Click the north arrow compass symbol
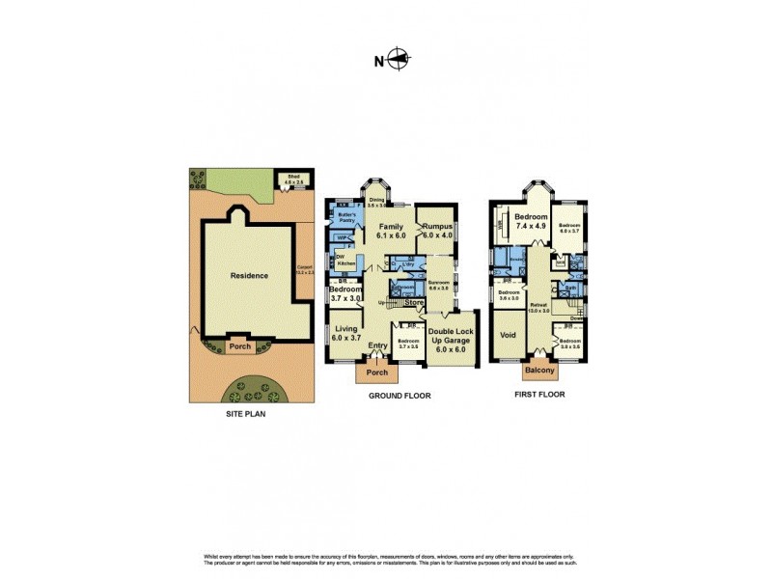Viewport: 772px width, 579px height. coord(397,61)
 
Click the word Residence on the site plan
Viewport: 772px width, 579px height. coord(249,275)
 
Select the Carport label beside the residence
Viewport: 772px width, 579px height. coord(306,273)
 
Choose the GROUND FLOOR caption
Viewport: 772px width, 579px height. coord(400,396)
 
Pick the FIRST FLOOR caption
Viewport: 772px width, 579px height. coord(540,395)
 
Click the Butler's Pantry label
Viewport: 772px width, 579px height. coord(347,218)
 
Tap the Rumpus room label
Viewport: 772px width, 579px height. coord(436,230)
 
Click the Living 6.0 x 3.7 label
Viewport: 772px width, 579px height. coord(345,334)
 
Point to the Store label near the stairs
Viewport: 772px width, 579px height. coord(414,303)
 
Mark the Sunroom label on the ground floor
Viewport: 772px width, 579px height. coord(439,285)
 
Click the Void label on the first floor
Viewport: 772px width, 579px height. coord(508,336)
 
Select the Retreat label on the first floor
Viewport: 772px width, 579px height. coord(538,307)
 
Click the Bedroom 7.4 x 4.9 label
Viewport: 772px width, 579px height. coord(531,222)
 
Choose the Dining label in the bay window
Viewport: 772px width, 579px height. coord(376,202)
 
